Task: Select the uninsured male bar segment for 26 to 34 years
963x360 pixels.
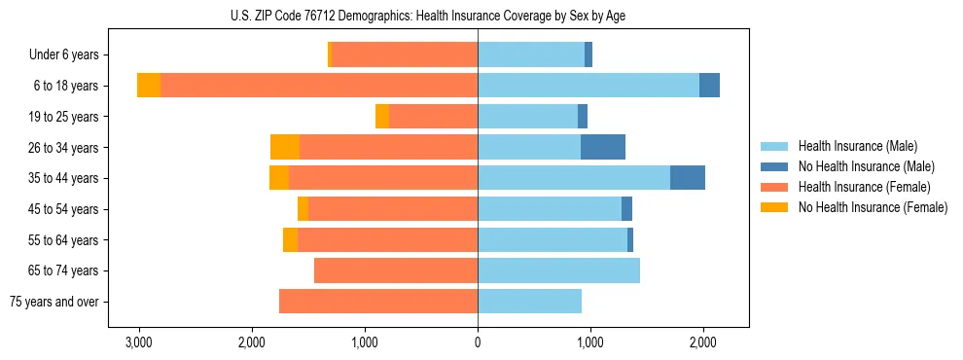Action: click(x=603, y=147)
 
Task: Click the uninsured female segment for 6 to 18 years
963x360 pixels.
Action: click(x=149, y=86)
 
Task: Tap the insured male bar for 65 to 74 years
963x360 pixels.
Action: click(x=558, y=270)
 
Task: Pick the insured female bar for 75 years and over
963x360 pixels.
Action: click(x=378, y=302)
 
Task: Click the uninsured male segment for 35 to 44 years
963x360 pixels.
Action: click(x=688, y=178)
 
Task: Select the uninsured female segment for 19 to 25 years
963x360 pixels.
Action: click(x=382, y=117)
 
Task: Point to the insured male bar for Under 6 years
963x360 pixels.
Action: click(x=531, y=54)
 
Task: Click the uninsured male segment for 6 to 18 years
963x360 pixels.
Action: click(x=709, y=86)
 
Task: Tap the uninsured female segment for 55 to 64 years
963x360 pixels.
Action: click(x=290, y=239)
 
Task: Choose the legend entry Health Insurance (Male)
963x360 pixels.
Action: click(x=857, y=146)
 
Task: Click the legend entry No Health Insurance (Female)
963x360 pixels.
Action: click(x=873, y=207)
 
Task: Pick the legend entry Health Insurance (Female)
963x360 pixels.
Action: click(x=865, y=187)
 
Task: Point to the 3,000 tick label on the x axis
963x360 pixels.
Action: click(x=139, y=342)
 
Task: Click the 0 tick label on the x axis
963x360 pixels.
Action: click(x=478, y=342)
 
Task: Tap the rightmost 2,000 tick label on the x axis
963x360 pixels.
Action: click(x=703, y=342)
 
